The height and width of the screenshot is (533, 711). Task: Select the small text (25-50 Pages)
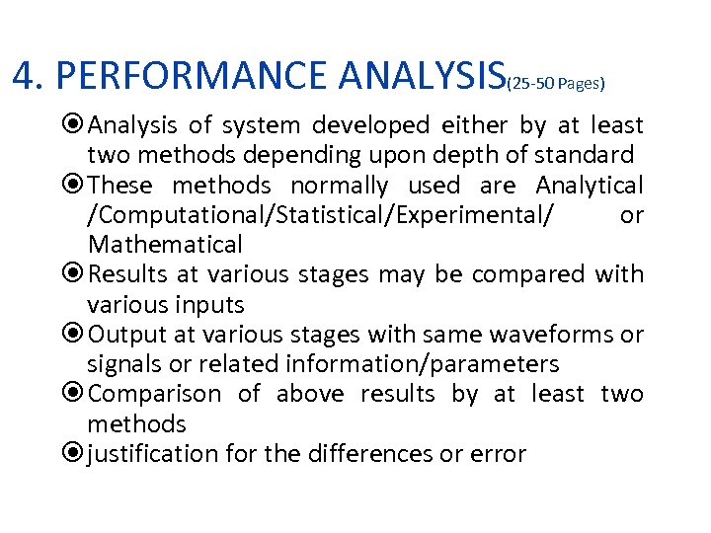[x=555, y=85]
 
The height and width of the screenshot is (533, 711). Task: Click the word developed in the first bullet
[x=371, y=125]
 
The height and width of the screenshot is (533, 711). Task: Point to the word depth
[x=477, y=155]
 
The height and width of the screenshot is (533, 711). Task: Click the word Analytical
[x=590, y=185]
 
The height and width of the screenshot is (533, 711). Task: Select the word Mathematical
[x=165, y=244]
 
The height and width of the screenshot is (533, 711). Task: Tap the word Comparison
[x=155, y=394]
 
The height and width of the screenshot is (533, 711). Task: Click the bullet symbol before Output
[x=75, y=335]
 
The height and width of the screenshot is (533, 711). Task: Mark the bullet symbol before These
[x=75, y=186]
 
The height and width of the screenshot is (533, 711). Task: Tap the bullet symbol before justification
[x=75, y=455]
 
